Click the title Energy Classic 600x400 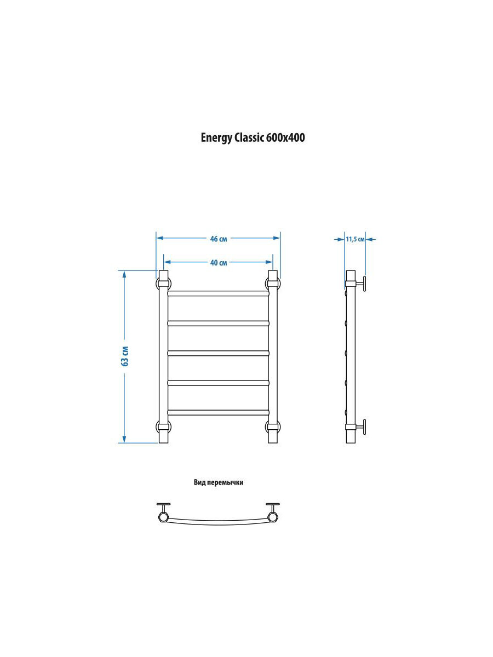(x=253, y=138)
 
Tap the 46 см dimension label (x=219, y=239)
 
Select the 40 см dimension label (x=219, y=262)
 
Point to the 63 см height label (x=125, y=356)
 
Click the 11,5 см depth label (x=355, y=239)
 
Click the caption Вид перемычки (x=218, y=483)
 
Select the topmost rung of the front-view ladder (x=218, y=293)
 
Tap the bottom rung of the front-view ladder (x=218, y=412)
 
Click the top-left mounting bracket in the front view (x=164, y=284)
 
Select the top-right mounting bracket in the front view (x=273, y=284)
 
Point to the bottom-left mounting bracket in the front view (x=164, y=427)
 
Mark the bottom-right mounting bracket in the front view (x=273, y=427)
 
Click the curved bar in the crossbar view (x=218, y=522)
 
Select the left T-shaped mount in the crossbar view (x=163, y=511)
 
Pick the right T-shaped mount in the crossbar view (x=273, y=511)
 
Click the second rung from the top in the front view (x=218, y=323)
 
